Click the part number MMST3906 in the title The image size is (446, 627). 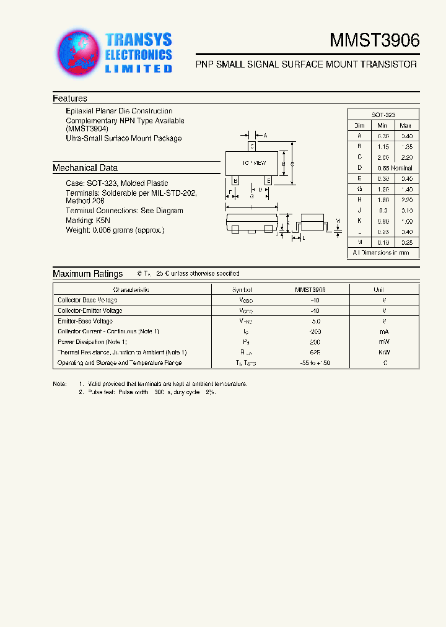point(374,40)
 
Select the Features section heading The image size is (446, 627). point(70,99)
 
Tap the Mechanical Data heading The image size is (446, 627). point(85,168)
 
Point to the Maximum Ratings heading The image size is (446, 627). point(88,274)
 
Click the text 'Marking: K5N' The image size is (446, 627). point(89,221)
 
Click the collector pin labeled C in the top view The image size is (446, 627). point(251,146)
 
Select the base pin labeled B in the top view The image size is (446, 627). point(235,180)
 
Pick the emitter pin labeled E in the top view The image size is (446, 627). point(268,180)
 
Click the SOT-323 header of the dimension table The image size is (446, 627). point(383,115)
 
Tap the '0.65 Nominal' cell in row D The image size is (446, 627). point(394,168)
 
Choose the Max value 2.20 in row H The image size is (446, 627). point(406,199)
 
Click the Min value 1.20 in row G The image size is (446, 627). point(383,189)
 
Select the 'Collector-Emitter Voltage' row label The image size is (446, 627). point(90,310)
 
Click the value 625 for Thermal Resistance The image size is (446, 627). point(315,353)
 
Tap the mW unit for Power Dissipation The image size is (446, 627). point(384,342)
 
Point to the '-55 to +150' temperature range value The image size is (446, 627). point(315,363)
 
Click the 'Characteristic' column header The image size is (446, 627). point(131,290)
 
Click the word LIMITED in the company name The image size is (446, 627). point(138,69)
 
